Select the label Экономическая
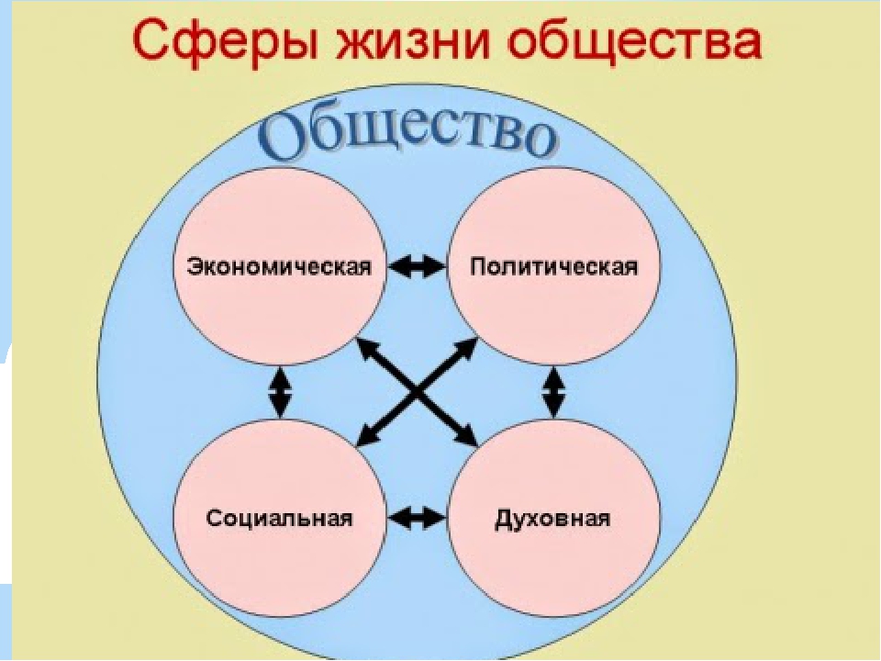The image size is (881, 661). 279,266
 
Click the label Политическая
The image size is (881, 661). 554,266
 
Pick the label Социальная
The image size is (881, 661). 279,518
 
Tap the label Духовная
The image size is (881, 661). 552,518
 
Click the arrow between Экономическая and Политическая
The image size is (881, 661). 417,266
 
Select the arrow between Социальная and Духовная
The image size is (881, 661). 417,518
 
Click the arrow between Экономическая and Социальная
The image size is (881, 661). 280,392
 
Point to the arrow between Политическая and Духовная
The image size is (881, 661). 554,392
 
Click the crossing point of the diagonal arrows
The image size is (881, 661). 417,392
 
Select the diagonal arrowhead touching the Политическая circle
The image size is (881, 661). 467,349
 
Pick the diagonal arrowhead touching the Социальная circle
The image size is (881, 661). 366,437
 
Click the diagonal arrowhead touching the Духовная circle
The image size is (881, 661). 467,437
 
